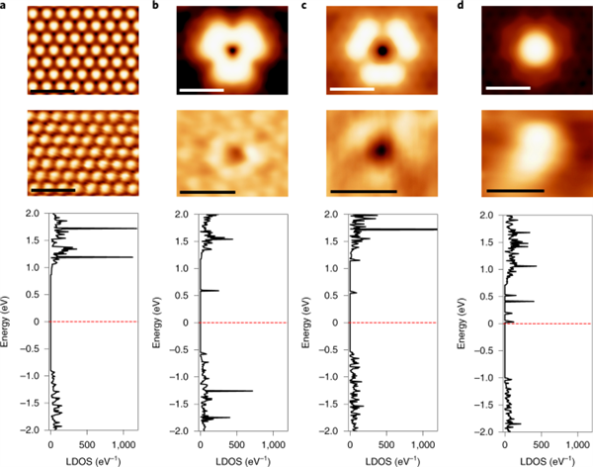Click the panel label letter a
5,6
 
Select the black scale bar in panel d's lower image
514,190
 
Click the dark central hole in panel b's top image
232,48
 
